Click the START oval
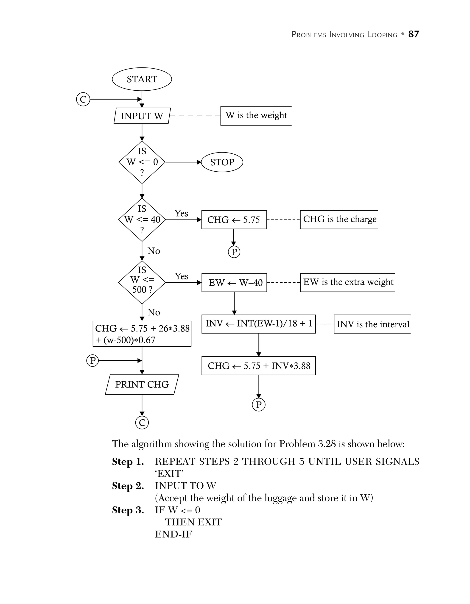[142, 79]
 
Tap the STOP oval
[222, 162]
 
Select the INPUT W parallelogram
[142, 116]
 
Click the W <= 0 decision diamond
[142, 162]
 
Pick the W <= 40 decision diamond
[142, 220]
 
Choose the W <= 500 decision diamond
[142, 282]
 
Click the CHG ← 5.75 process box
[234, 220]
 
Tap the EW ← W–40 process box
[234, 283]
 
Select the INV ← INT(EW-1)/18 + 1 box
[258, 324]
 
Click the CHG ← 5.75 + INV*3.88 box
[258, 366]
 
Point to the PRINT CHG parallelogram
[142, 384]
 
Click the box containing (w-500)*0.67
[142, 334]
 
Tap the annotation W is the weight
[256, 115]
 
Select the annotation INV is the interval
[372, 324]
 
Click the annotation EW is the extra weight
[348, 282]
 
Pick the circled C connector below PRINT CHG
[142, 423]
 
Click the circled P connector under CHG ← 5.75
[234, 252]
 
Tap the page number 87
[414, 34]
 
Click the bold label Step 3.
[128, 510]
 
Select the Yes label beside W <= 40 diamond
[181, 214]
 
